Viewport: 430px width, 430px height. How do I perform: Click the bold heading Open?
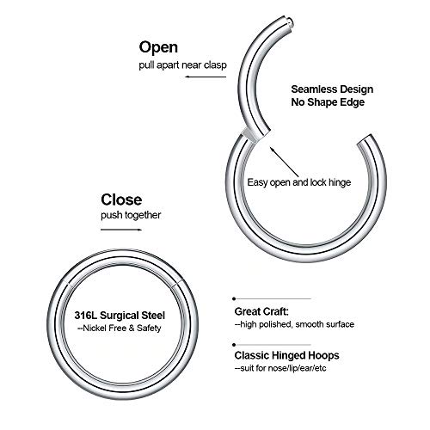158,47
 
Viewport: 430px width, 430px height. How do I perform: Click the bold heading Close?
121,200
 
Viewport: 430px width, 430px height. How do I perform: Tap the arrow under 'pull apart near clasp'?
206,77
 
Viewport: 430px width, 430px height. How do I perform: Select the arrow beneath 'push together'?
121,230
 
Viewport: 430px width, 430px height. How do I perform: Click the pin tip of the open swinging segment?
290,21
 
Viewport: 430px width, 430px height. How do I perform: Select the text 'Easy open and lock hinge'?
299,182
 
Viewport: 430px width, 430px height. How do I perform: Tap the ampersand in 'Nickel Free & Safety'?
132,328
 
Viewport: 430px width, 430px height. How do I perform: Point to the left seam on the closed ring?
68,284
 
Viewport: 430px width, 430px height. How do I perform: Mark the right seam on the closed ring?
178,284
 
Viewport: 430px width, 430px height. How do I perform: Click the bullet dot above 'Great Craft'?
234,298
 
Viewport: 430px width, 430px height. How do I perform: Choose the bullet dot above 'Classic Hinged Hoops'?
234,345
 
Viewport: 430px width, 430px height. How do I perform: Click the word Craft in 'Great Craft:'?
275,311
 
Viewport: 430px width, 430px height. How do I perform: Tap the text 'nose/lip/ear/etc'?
297,368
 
